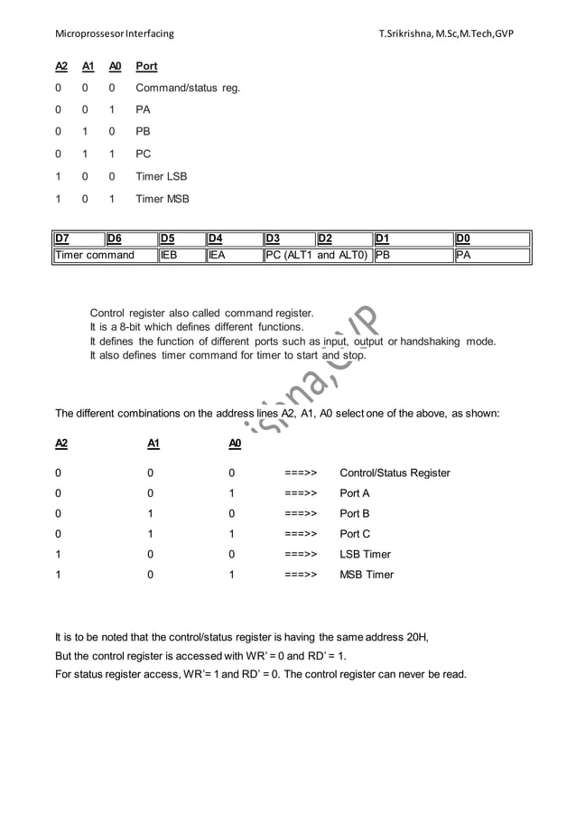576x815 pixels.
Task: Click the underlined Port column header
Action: coord(146,67)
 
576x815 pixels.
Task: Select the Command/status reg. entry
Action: coord(188,89)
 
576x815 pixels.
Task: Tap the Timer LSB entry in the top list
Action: coord(161,177)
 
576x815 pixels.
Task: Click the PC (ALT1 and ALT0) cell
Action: coord(317,256)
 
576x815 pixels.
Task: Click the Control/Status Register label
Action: coord(395,473)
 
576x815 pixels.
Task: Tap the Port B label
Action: coord(354,514)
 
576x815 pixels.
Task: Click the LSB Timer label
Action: coord(365,555)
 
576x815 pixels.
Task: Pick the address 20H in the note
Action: coord(414,637)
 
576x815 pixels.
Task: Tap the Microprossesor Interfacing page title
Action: coord(115,35)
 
